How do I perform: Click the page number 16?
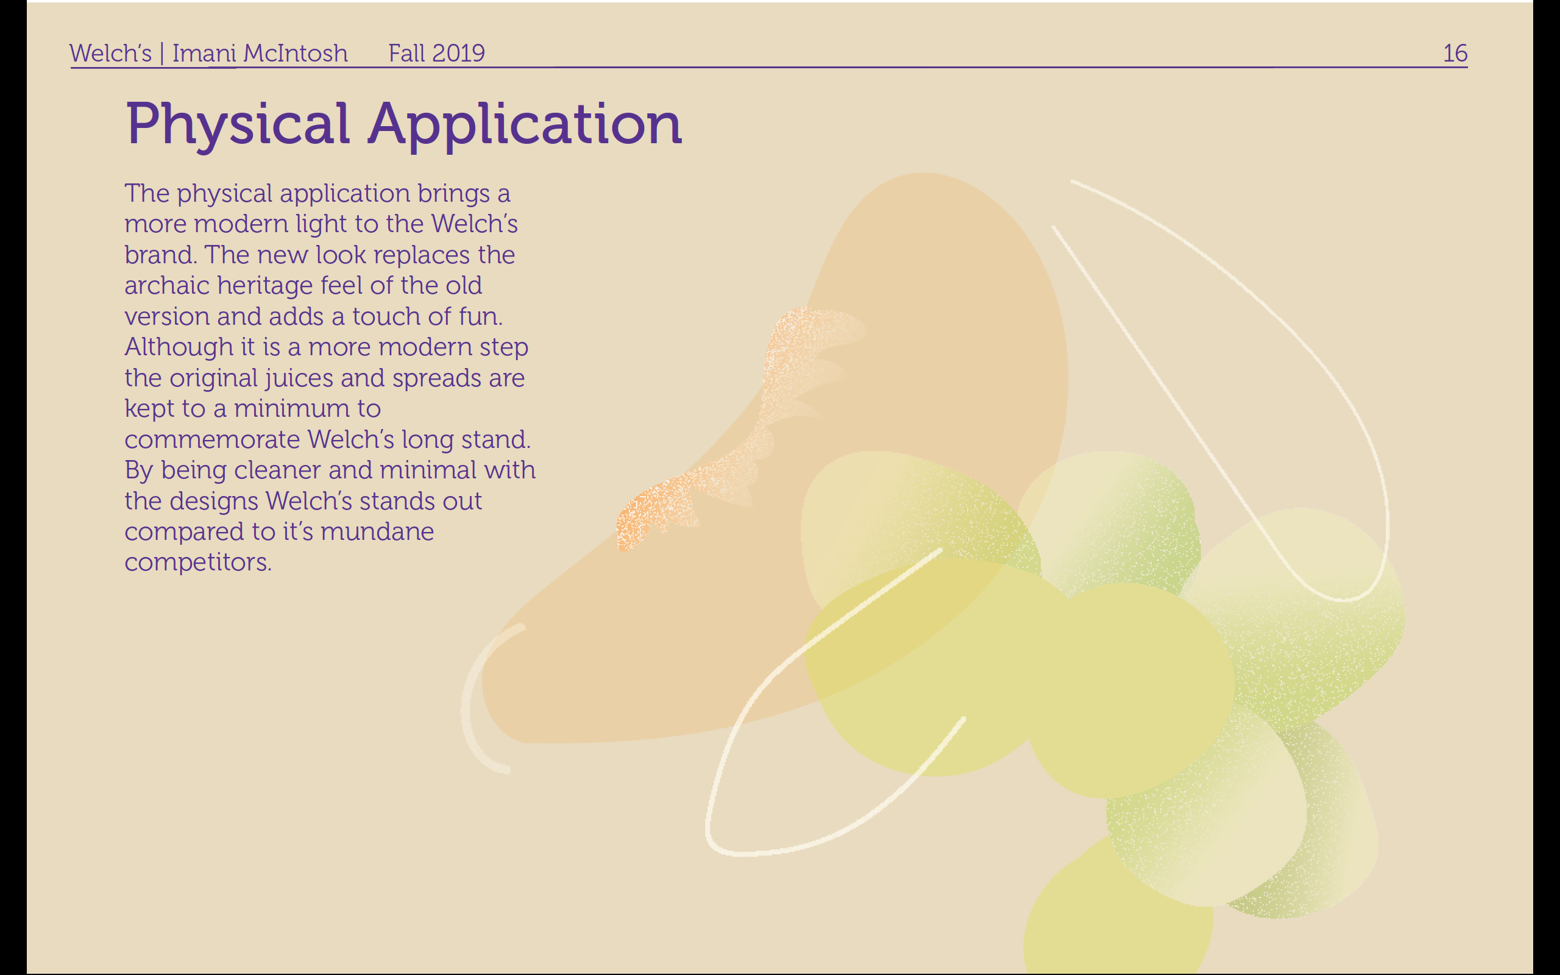1455,54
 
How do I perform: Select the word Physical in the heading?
238,124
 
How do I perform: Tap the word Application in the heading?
525,124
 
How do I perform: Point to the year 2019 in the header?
459,54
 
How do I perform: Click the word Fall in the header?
407,54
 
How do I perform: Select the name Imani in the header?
204,54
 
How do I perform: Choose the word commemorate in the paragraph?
212,440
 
